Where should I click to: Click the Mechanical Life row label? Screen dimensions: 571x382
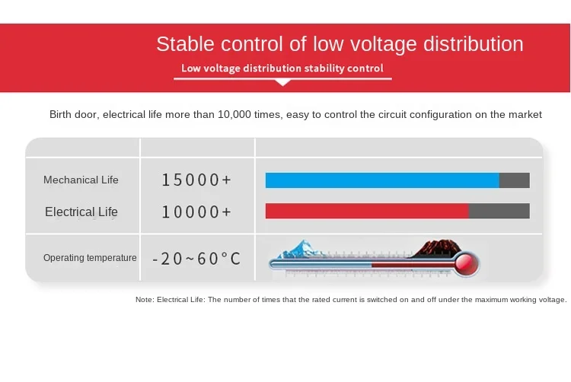(x=81, y=180)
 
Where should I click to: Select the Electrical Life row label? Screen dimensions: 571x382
(x=81, y=212)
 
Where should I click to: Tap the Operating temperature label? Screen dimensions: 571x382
(x=90, y=258)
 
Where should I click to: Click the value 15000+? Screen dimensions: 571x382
(x=196, y=180)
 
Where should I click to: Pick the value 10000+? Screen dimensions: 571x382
(x=196, y=212)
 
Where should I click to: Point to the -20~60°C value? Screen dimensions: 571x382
(x=196, y=259)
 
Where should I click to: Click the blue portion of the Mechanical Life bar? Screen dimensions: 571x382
(x=382, y=180)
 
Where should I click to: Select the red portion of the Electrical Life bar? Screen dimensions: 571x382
(x=367, y=211)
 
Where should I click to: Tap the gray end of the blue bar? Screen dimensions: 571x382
(x=515, y=180)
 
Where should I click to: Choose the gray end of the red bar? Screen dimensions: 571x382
(x=499, y=211)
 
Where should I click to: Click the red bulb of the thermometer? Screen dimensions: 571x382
(x=467, y=264)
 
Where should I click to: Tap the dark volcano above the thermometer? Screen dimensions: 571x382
(x=438, y=248)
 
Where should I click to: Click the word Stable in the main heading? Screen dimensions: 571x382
(x=185, y=44)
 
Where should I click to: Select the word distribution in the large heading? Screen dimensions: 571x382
(x=473, y=44)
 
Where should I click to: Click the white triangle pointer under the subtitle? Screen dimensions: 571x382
(x=283, y=83)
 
